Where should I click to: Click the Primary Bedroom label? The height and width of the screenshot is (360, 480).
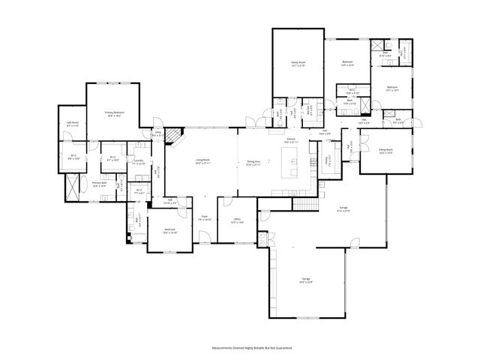(115, 113)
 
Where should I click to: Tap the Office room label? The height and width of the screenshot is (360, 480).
(237, 221)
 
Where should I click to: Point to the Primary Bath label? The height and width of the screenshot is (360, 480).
(100, 184)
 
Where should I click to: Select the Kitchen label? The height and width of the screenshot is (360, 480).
(290, 140)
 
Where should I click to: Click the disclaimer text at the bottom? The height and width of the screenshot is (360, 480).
(240, 349)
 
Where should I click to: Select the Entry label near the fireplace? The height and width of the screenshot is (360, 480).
(158, 135)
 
